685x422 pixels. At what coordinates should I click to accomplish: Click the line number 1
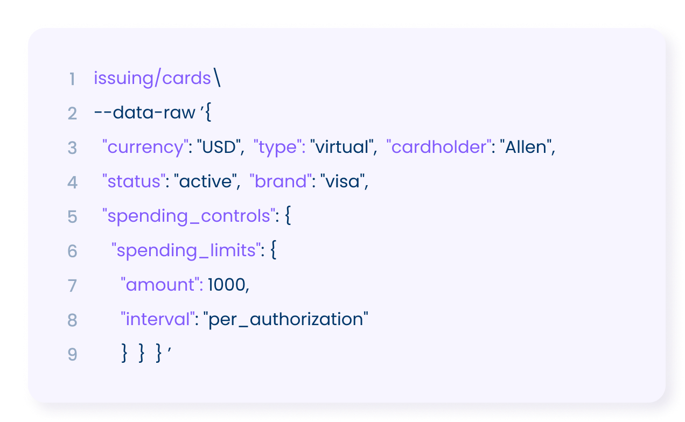pyautogui.click(x=72, y=79)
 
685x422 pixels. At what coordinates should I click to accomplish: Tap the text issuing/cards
pyautogui.click(x=152, y=78)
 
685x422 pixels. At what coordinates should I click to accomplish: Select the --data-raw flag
pyautogui.click(x=145, y=112)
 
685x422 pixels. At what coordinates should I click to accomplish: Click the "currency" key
pyautogui.click(x=145, y=147)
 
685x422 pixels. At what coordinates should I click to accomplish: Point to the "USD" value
pyautogui.click(x=219, y=147)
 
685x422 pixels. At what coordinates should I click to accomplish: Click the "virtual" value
pyautogui.click(x=342, y=147)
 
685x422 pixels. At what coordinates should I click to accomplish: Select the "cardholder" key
pyautogui.click(x=439, y=146)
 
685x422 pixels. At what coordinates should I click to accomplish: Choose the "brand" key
pyautogui.click(x=281, y=181)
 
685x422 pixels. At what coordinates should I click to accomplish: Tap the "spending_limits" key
pyautogui.click(x=186, y=251)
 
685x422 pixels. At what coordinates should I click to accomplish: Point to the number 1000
pyautogui.click(x=227, y=285)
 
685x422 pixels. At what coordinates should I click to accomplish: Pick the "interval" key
pyautogui.click(x=158, y=319)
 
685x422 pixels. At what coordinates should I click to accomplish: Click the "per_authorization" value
pyautogui.click(x=285, y=320)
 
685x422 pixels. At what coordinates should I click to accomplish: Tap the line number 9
pyautogui.click(x=72, y=355)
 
